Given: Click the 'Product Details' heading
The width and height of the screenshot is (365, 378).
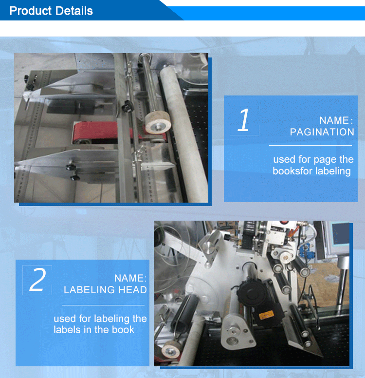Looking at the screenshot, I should (51, 11).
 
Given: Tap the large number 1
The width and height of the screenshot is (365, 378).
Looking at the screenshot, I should (244, 120).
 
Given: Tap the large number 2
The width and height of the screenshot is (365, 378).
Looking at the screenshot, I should (37, 280).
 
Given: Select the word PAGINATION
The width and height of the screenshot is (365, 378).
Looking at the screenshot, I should (322, 132).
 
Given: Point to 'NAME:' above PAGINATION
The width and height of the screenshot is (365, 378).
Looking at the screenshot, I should (336, 120).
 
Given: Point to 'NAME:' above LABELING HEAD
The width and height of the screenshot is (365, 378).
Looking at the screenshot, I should (130, 278).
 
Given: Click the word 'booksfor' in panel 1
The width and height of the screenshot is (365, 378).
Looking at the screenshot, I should (290, 171).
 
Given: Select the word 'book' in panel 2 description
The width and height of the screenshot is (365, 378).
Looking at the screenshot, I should (123, 330).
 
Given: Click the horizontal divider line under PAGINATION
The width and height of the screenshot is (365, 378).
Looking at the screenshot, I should (310, 145).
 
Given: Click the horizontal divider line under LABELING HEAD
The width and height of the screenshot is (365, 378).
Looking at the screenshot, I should (103, 305).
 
